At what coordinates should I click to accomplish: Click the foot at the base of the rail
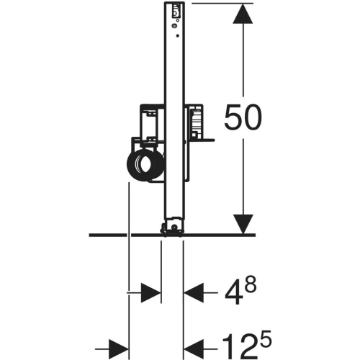click(172, 230)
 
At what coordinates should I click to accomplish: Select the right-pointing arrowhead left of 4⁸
click(150, 292)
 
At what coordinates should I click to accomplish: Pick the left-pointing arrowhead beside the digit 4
click(196, 292)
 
